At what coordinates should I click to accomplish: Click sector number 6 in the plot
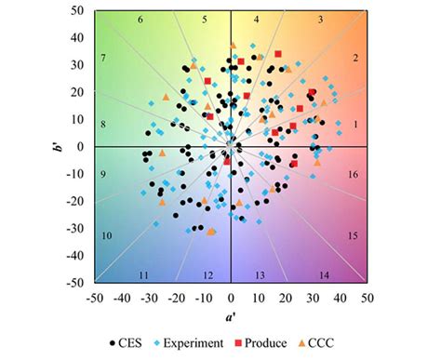point(140,20)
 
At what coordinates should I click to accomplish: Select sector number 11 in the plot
point(144,275)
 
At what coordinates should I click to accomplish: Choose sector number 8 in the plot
point(104,125)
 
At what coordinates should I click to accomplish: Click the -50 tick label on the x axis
point(95,298)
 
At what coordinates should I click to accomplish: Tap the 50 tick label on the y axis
point(79,11)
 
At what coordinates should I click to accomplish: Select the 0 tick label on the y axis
point(82,146)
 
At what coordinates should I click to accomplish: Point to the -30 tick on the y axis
point(77,228)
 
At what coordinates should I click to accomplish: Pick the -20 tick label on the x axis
point(176,298)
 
